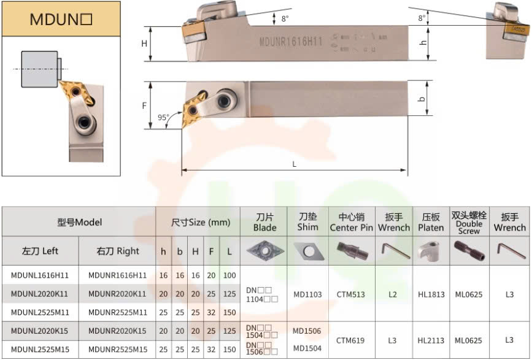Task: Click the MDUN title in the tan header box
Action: pos(61,19)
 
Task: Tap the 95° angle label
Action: pos(163,117)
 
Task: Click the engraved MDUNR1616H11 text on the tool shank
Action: pos(291,41)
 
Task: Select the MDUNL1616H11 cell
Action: pos(40,275)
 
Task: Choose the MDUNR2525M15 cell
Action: pos(118,349)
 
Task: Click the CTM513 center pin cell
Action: pos(351,294)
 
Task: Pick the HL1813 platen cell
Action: pos(431,294)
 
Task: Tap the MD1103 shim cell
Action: pos(307,294)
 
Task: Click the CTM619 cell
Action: pos(351,340)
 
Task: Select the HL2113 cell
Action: pos(431,340)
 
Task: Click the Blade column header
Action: pos(265,223)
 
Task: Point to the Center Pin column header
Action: pos(351,223)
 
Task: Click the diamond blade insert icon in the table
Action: pos(264,251)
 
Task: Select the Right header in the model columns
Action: pos(118,251)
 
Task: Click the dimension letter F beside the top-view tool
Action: pos(144,105)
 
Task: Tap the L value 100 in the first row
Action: pos(229,275)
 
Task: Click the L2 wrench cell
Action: pos(393,294)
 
